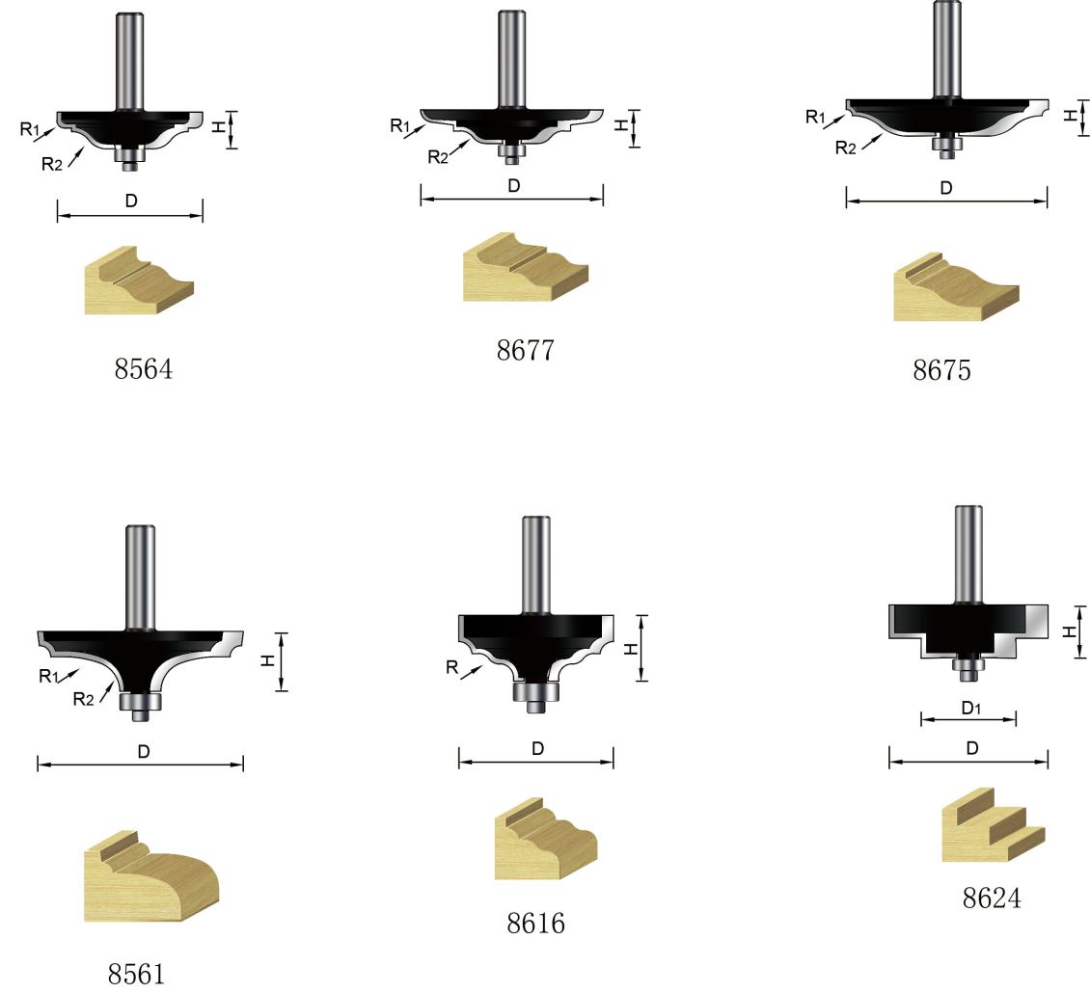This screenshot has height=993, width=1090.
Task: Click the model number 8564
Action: point(143,369)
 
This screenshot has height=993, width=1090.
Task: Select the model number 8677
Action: point(526,350)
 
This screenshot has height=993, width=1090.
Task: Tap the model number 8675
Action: point(941,370)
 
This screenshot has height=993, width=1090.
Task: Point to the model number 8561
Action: point(136,975)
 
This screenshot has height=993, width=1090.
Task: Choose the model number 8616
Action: point(536,923)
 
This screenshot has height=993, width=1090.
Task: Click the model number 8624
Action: point(992,899)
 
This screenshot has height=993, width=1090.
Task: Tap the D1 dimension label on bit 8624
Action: point(971,708)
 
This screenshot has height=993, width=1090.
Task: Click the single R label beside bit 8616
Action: point(451,668)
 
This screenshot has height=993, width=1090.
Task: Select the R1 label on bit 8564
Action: point(30,128)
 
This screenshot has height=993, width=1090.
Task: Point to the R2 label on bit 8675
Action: point(846,148)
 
